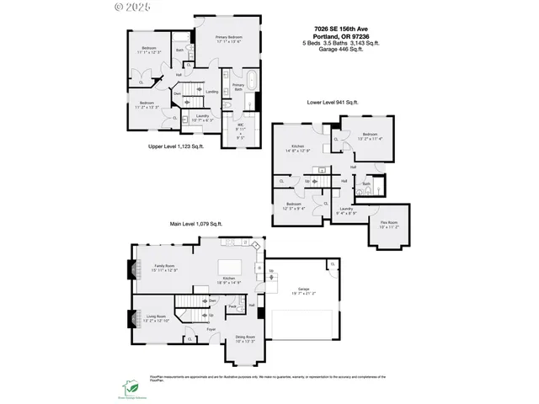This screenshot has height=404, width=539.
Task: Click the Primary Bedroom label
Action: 229,40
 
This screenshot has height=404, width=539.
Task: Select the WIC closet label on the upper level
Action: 240,130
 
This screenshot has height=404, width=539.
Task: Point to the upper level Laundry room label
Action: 202,118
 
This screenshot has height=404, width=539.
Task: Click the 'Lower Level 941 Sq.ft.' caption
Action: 332,102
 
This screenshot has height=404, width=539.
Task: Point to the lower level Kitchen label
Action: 291,149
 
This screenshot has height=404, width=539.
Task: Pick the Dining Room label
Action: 245,341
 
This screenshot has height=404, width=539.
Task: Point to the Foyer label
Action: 212,329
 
